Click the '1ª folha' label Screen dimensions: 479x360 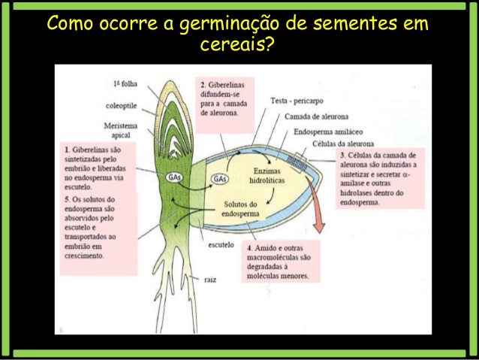click(127, 83)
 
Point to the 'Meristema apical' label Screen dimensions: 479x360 click(122, 129)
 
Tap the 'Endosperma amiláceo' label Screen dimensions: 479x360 click(328, 130)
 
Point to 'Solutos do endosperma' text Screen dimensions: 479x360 click(241, 210)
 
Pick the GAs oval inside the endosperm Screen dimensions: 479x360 click(220, 179)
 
